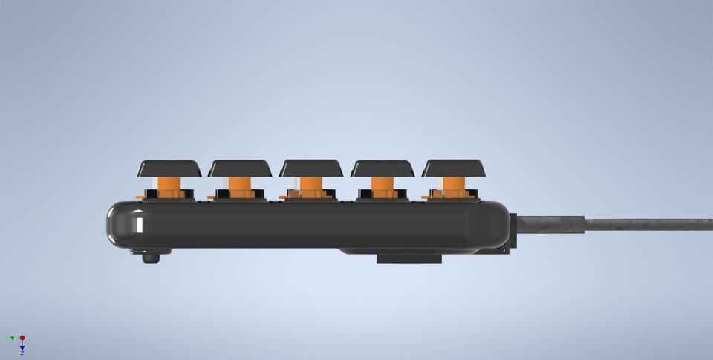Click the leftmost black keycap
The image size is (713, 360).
169,168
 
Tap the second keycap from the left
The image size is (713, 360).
240,168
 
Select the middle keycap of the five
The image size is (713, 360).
311,168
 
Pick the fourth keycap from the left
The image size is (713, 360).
382,168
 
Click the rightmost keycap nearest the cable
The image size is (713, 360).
454,168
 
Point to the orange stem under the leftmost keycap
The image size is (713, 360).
169,186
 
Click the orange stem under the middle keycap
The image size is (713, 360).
311,186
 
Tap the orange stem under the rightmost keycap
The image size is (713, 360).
454,186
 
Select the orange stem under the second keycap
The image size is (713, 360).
240,186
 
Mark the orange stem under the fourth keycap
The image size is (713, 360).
382,186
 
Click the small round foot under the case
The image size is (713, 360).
151,258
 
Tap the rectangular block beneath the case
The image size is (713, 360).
408,258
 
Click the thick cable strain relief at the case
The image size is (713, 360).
550,224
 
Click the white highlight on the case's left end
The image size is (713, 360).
137,223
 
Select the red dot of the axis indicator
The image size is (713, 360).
22,338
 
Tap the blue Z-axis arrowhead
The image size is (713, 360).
22,347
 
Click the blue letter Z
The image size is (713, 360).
22,353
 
